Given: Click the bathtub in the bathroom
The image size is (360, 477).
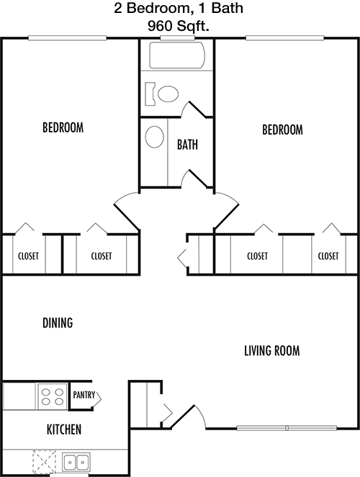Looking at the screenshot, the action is tap(177, 55).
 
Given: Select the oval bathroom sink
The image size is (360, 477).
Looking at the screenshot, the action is tap(154, 137).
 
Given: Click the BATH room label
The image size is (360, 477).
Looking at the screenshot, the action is tap(187, 145).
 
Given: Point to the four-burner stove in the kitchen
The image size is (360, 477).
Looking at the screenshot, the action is tap(53, 396).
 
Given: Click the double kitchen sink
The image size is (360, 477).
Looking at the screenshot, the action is tap(76, 463).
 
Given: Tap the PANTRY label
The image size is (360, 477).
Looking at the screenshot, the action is tap(84, 395).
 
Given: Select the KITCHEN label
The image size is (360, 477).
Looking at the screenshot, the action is tap(64, 430).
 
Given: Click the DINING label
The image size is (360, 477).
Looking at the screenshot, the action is tap(58, 323).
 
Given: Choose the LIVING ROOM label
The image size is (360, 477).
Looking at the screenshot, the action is tap(271, 350).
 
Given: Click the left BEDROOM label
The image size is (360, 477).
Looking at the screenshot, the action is tap(63, 127).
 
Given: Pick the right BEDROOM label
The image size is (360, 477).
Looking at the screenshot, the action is tap(282, 130).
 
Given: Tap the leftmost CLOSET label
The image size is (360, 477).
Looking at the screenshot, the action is tap(28, 256).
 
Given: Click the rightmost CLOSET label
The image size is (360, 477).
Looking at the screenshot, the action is tap(328, 256).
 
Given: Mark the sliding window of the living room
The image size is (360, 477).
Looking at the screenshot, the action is tap(287, 428).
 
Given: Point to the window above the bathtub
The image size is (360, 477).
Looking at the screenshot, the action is tap(177, 38).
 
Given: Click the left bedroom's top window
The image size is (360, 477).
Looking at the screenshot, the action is tap(67, 38).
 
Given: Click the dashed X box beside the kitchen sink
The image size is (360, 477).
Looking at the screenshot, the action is tap(45, 462).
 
